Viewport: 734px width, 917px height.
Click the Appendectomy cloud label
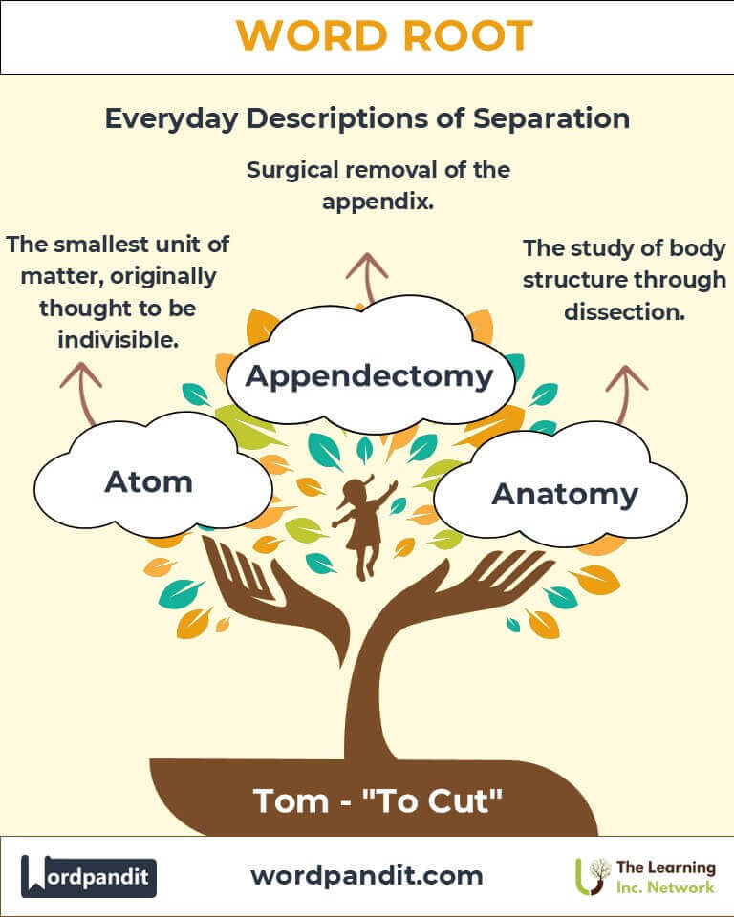(x=369, y=375)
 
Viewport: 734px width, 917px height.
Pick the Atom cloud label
(x=148, y=481)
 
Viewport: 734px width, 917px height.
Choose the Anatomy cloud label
(x=564, y=494)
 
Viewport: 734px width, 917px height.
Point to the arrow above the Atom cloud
(x=81, y=392)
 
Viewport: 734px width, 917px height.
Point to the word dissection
(x=625, y=311)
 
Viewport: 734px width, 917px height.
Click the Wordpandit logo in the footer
(x=89, y=876)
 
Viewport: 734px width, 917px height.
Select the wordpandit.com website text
(x=367, y=875)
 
